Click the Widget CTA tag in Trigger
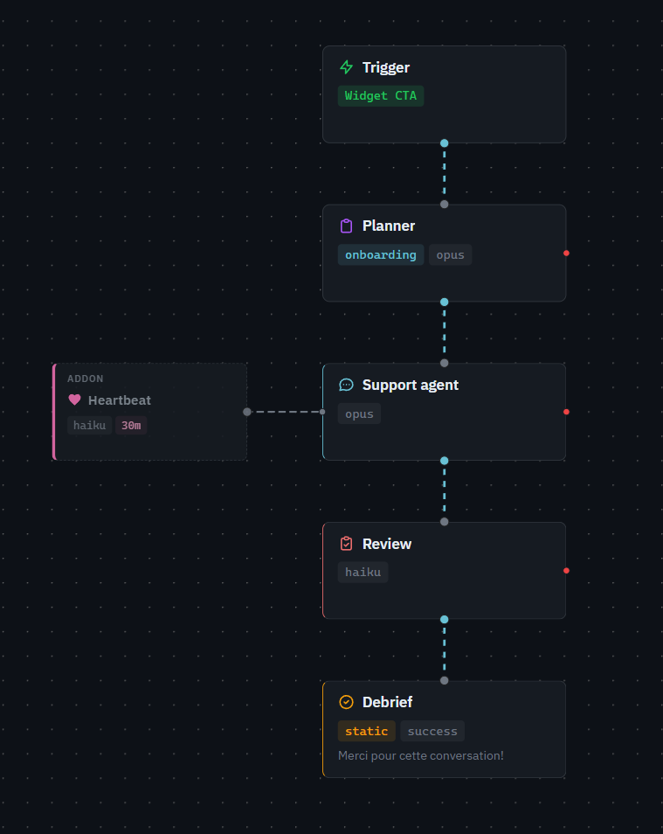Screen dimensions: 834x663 [x=381, y=96]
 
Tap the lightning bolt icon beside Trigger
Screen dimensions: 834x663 [x=346, y=67]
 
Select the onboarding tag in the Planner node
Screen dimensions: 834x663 [x=381, y=255]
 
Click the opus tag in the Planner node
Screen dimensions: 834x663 [x=450, y=255]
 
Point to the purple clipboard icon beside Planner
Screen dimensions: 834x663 [x=346, y=226]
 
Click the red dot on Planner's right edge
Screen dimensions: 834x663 [x=566, y=254]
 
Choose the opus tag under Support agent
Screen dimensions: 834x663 [x=359, y=414]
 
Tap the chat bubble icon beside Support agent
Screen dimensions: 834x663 [x=346, y=385]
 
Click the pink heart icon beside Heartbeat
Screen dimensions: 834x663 [x=74, y=400]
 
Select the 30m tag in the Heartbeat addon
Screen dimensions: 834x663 [x=131, y=426]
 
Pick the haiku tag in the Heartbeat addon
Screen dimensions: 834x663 [x=90, y=426]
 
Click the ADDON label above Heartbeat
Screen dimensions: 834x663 [x=86, y=379]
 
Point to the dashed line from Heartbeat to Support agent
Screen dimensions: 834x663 [x=285, y=412]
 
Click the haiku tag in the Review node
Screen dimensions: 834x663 [x=363, y=573]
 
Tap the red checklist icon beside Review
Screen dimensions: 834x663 [x=346, y=544]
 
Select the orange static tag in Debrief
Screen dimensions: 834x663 [x=367, y=731]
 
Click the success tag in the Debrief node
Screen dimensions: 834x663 [x=432, y=731]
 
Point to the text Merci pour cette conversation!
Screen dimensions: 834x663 [x=421, y=755]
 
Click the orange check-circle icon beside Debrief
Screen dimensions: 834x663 [x=346, y=702]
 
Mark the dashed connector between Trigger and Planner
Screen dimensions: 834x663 [x=444, y=173]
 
